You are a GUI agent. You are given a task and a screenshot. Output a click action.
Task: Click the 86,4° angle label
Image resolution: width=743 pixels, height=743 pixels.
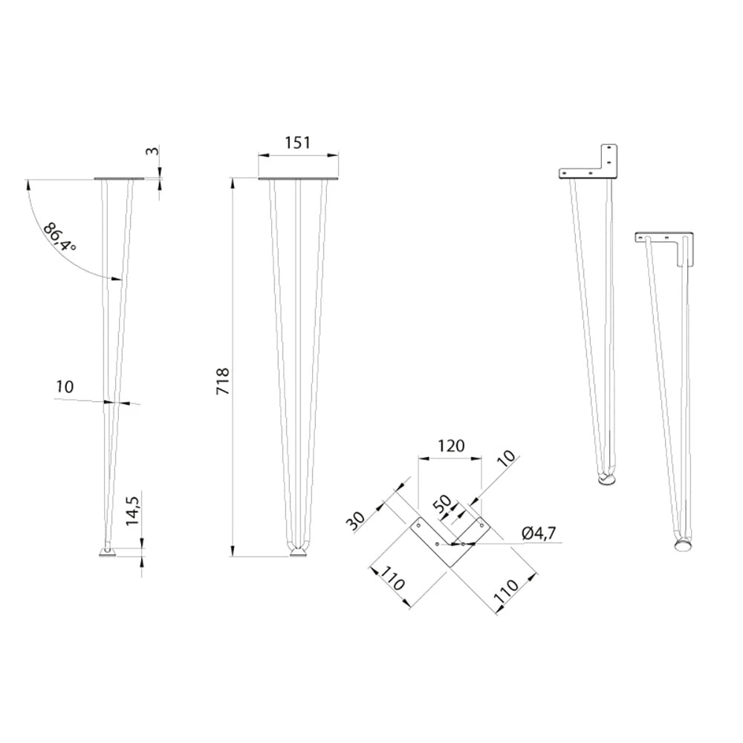pos(59,237)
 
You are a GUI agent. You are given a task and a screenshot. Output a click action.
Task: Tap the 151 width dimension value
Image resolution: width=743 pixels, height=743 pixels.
pos(298,142)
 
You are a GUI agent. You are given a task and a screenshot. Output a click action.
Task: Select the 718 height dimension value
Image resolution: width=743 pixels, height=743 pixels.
pos(222,381)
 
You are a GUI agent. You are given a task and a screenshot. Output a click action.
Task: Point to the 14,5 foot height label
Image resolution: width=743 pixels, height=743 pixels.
pos(132,510)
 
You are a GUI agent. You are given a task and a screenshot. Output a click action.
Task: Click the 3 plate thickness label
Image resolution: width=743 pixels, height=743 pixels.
pos(152,151)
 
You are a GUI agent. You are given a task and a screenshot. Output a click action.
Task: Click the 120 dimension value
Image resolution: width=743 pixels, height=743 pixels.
pos(451,446)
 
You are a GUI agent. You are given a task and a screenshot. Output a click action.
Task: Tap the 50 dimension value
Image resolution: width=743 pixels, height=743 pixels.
pos(443,505)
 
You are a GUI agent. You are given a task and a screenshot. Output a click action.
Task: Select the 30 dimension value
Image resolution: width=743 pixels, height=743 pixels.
pos(356,522)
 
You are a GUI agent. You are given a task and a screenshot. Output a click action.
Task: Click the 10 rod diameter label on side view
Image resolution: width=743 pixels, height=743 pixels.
pos(65,386)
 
